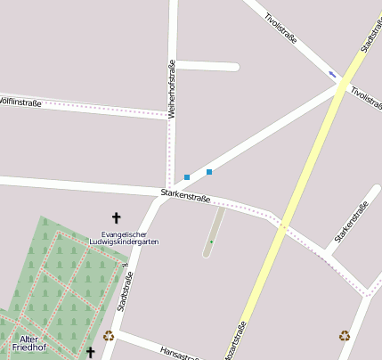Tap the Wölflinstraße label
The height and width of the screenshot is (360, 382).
(x=20, y=102)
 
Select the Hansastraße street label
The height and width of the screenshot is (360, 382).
(x=177, y=354)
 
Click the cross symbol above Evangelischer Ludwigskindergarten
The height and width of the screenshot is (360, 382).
(x=116, y=217)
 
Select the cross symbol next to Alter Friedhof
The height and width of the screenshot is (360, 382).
(x=90, y=353)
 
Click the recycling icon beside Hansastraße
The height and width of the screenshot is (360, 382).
(x=109, y=336)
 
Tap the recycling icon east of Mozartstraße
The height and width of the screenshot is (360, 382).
(x=345, y=336)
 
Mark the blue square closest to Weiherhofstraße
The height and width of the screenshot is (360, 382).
(x=187, y=177)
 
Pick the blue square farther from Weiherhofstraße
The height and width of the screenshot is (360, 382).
(x=209, y=171)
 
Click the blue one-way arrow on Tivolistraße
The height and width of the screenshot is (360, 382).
(x=332, y=74)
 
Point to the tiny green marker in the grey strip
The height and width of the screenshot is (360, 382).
(x=211, y=241)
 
